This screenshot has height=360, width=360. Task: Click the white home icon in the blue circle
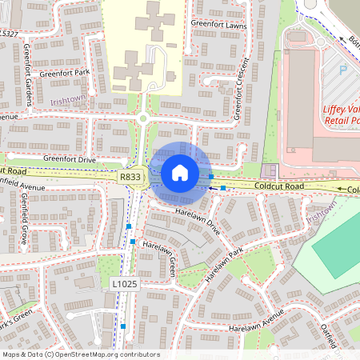pos(180,173)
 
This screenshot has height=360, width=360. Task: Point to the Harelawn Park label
pos(223,266)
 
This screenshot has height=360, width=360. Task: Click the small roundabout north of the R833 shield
pos(143,118)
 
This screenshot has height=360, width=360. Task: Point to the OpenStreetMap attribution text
pos(80,354)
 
